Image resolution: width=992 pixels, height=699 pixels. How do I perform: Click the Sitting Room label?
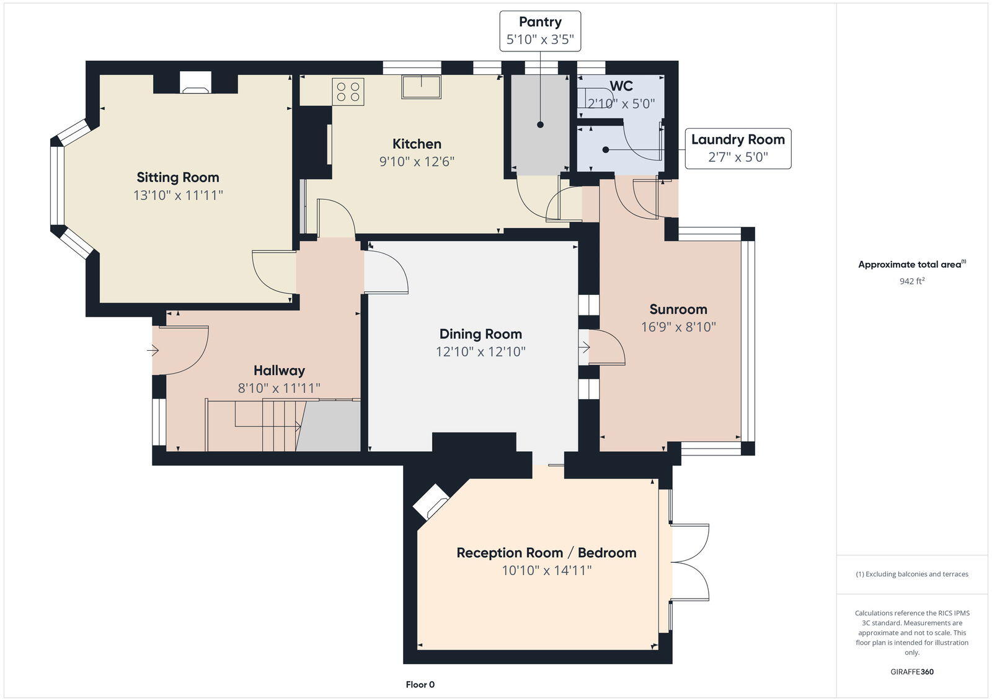pyautogui.click(x=178, y=177)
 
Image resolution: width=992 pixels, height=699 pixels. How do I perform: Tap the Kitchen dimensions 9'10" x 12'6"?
pyautogui.click(x=417, y=162)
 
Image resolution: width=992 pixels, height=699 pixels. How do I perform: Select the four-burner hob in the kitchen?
pyautogui.click(x=348, y=92)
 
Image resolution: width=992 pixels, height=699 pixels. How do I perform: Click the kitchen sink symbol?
pyautogui.click(x=421, y=87)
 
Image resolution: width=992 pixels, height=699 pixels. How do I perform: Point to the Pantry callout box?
pyautogui.click(x=540, y=31)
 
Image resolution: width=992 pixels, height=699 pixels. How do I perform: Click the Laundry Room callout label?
pyautogui.click(x=738, y=140)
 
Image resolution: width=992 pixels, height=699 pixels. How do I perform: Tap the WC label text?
pyautogui.click(x=621, y=86)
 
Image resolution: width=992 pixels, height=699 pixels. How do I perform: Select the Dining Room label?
pyautogui.click(x=480, y=334)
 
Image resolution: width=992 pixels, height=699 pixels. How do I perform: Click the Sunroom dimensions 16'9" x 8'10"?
pyautogui.click(x=678, y=327)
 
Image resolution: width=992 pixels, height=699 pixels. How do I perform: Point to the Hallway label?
pyautogui.click(x=279, y=371)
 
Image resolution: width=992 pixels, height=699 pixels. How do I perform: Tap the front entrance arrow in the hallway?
pyautogui.click(x=153, y=351)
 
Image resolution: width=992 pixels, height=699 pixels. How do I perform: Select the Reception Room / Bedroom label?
pyautogui.click(x=546, y=553)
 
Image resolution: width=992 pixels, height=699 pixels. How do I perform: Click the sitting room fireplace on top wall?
pyautogui.click(x=195, y=83)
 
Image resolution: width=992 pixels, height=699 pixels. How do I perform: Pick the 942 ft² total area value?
pyautogui.click(x=912, y=281)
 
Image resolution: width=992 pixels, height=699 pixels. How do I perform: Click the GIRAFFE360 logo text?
pyautogui.click(x=912, y=672)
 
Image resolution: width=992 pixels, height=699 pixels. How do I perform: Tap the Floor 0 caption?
pyautogui.click(x=420, y=685)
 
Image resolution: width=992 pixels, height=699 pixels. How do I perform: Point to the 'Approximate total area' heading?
pyautogui.click(x=911, y=265)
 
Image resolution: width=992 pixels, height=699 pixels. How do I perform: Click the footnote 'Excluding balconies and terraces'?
pyautogui.click(x=912, y=574)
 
